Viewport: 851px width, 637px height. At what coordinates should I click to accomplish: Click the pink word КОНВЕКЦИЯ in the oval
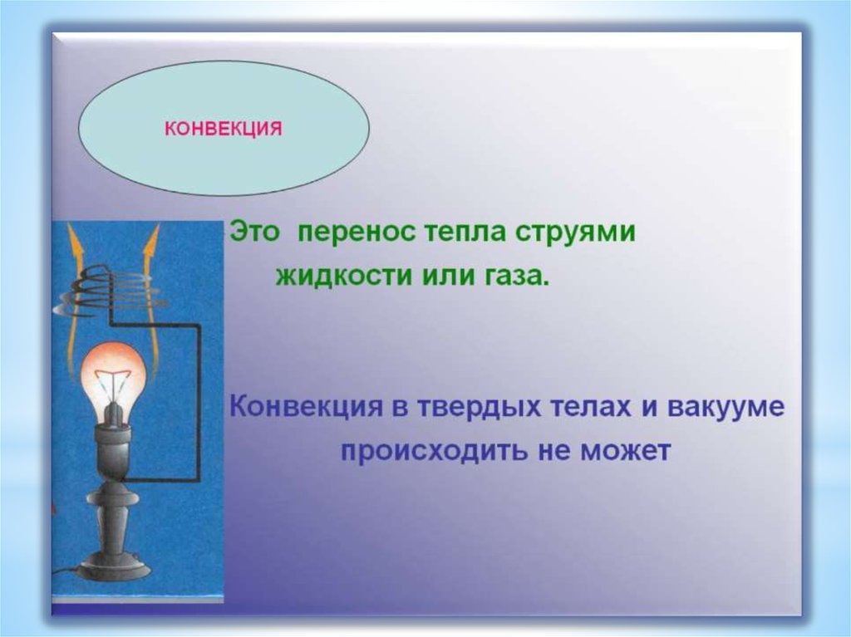(x=223, y=129)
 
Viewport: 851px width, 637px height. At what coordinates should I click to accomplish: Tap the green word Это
(x=254, y=233)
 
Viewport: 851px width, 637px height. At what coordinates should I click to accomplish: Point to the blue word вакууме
(x=726, y=408)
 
